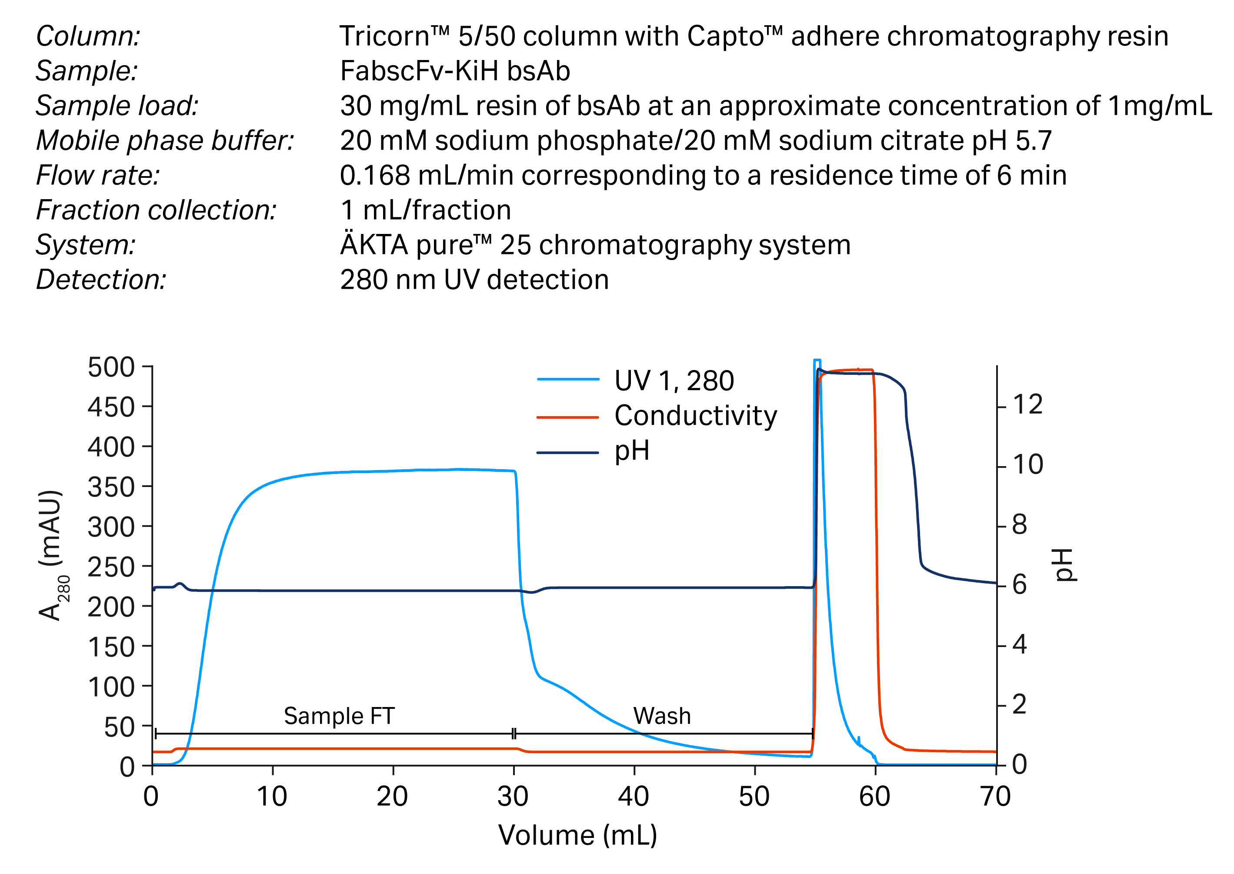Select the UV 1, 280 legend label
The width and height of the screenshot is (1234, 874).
[x=674, y=380]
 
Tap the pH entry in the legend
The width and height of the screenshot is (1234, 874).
[x=632, y=450]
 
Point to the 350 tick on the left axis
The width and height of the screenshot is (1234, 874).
[x=111, y=487]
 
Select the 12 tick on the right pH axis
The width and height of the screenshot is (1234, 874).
[x=1027, y=404]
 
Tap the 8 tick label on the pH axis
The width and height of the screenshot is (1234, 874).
[x=1019, y=525]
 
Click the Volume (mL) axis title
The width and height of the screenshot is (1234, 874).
[x=577, y=835]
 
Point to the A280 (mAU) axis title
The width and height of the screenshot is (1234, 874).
[x=53, y=555]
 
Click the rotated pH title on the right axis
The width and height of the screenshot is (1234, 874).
[x=1064, y=565]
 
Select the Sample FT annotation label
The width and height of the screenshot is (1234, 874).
[x=339, y=716]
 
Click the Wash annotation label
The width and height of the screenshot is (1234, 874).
[x=661, y=716]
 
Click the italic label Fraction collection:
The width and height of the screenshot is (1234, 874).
[x=156, y=210]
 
